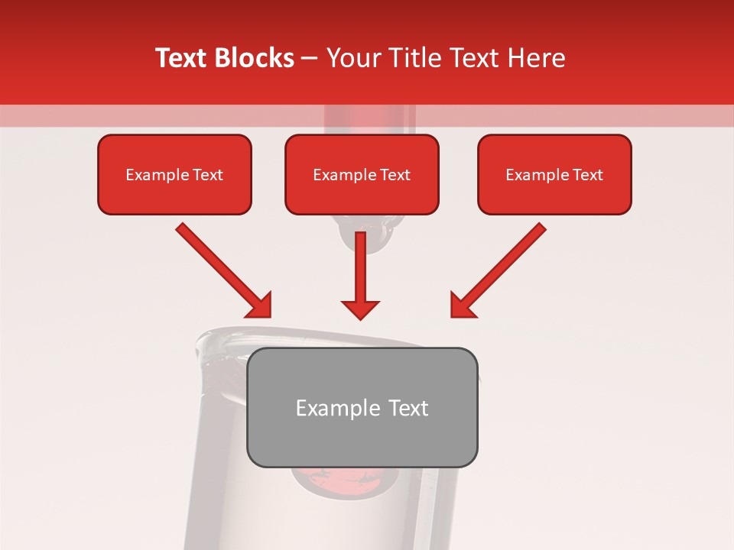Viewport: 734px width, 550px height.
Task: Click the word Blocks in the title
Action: point(257,58)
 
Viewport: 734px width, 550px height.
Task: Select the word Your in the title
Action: point(352,58)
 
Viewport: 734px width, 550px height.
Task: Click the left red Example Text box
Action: point(174,174)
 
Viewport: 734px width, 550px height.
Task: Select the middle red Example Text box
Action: point(362,174)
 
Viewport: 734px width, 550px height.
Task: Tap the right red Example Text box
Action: point(554,174)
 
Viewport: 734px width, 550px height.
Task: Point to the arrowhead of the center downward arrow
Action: point(360,309)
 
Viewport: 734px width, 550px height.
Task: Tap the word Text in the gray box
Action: point(408,408)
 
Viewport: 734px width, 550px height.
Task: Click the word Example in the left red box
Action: point(155,175)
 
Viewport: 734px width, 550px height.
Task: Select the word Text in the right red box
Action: point(588,175)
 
